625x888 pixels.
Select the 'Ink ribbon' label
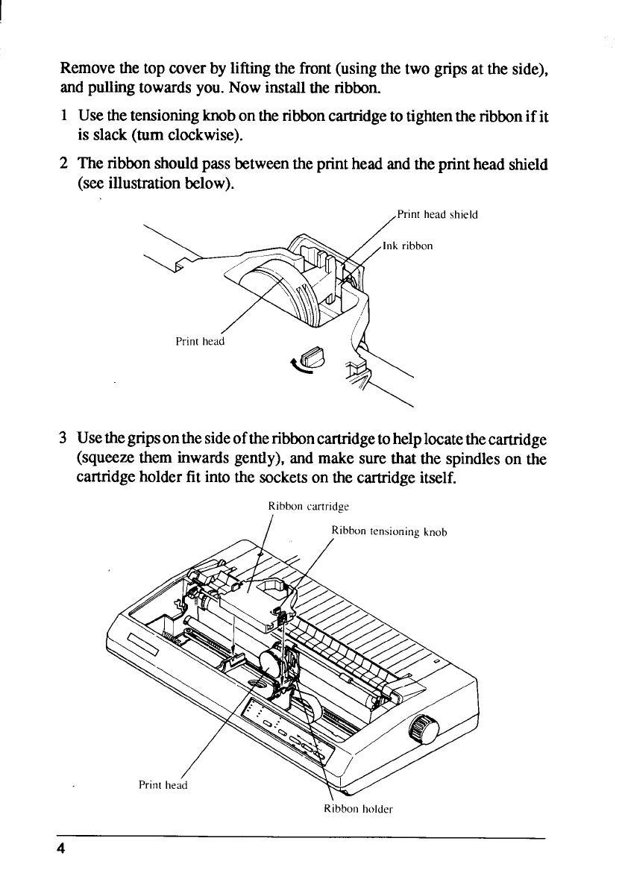[x=407, y=246]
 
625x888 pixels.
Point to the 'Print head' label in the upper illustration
[x=199, y=342]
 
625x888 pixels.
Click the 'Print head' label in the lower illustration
[x=163, y=784]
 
